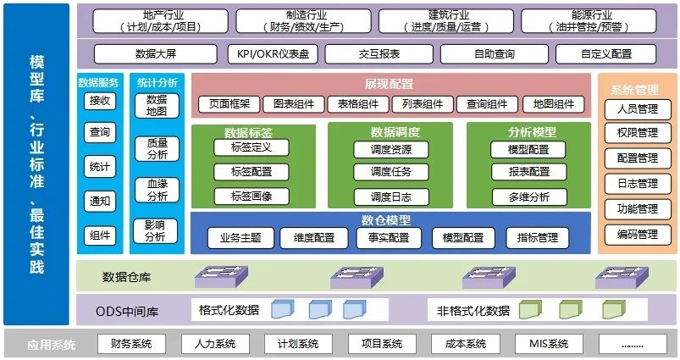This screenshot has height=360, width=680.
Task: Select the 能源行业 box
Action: [591, 21]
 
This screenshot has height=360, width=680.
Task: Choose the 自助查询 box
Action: [494, 54]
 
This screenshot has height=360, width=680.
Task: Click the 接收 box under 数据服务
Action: [100, 102]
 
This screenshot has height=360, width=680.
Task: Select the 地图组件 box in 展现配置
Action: [553, 104]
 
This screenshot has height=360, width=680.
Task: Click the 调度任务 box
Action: [390, 172]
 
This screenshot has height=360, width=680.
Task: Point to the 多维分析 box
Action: [528, 197]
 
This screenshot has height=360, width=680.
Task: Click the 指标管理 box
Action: [537, 238]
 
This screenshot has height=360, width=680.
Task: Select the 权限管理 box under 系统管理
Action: [637, 133]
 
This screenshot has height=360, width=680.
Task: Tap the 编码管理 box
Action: [637, 234]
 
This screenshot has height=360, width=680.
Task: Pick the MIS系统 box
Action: [548, 344]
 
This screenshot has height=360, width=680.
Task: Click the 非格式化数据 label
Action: [473, 310]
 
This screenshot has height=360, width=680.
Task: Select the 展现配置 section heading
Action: [390, 84]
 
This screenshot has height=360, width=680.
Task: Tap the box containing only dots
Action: [632, 344]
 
